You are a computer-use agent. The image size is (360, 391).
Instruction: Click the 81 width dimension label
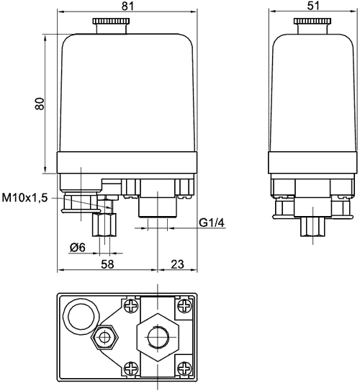[x=127, y=6]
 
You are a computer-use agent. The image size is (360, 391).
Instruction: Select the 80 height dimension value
[x=40, y=104]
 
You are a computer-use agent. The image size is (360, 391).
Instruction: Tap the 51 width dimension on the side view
[x=313, y=6]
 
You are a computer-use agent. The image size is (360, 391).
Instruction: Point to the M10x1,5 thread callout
[x=24, y=198]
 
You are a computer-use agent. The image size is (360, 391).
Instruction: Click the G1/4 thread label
[x=212, y=223]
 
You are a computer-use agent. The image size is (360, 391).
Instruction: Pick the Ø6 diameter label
[x=78, y=248]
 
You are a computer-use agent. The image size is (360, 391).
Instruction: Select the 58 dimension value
[x=107, y=264]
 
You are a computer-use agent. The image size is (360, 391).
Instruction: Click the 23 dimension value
[x=178, y=264]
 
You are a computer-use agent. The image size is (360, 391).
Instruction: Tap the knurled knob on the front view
[x=111, y=21]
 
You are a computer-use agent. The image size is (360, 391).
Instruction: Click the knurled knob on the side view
[x=312, y=21]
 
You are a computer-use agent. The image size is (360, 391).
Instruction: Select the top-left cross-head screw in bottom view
[x=131, y=305]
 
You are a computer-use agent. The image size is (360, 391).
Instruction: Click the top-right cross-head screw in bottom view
[x=184, y=305]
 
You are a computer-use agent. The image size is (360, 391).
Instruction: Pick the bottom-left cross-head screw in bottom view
[x=131, y=368]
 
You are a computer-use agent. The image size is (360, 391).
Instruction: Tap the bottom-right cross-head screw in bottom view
[x=184, y=368]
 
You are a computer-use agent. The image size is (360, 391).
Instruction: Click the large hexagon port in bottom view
[x=158, y=337]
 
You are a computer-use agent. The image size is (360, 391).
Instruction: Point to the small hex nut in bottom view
[x=104, y=338]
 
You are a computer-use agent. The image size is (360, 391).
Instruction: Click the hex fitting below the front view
[x=104, y=225]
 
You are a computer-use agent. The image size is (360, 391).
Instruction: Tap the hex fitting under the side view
[x=312, y=227]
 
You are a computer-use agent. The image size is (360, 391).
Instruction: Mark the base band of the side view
[x=312, y=162]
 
